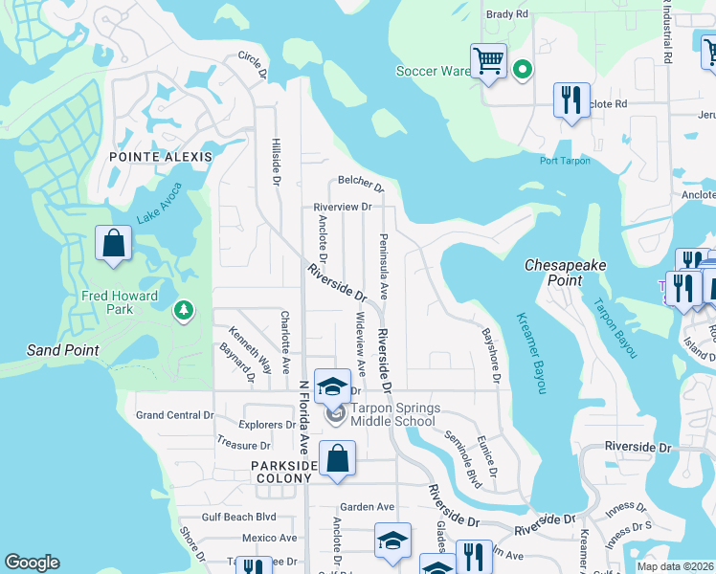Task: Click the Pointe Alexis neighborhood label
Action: (x=154, y=156)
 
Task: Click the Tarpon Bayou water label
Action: (x=614, y=328)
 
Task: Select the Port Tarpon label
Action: (x=567, y=161)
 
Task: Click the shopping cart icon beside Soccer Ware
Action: (x=488, y=61)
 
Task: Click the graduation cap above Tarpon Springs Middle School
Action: (x=333, y=386)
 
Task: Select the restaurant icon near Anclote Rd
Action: (x=571, y=99)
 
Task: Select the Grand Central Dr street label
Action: (x=174, y=415)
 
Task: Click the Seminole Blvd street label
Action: (x=460, y=458)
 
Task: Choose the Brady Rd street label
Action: (x=507, y=14)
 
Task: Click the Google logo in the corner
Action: (x=33, y=563)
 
